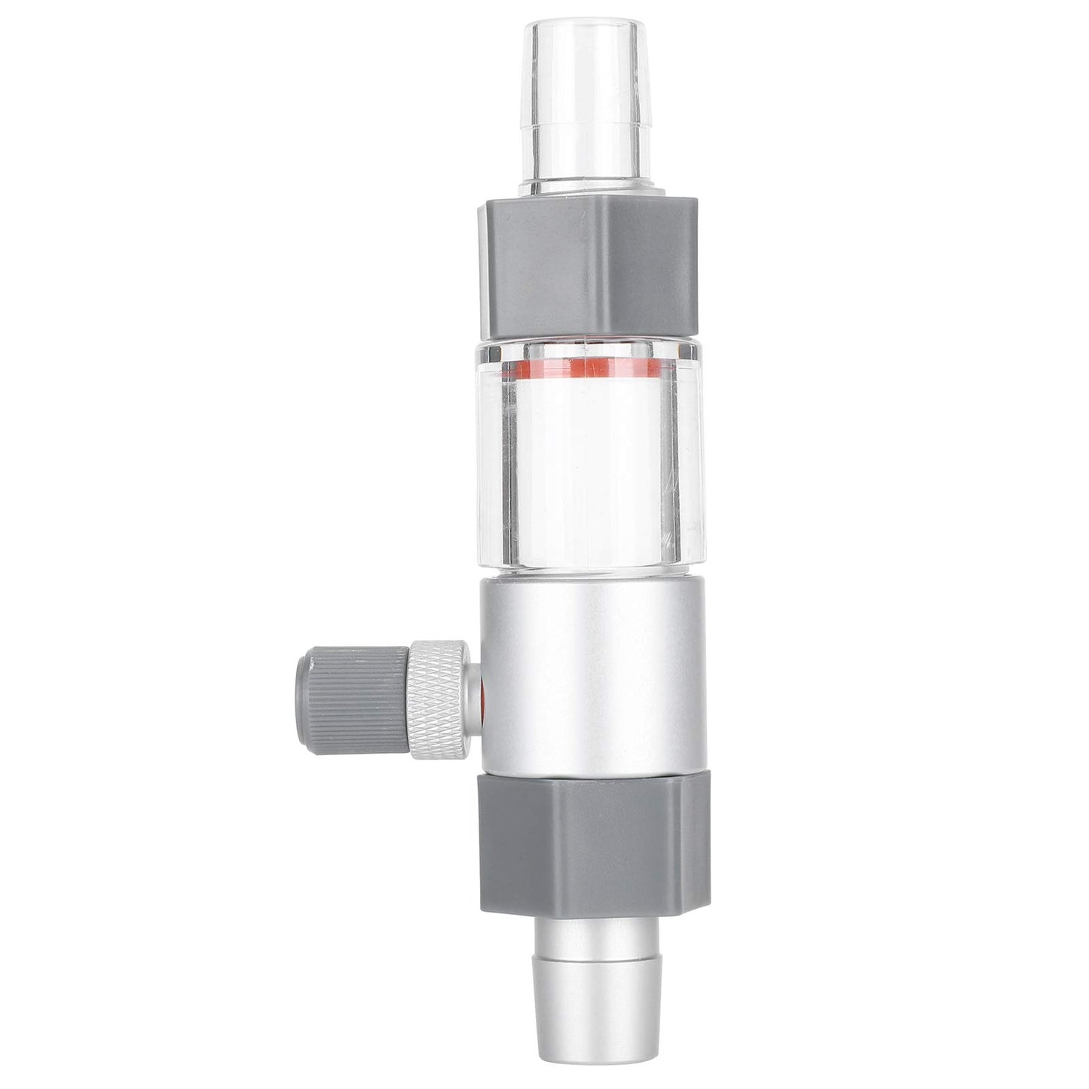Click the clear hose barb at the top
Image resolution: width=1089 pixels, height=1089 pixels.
click(586, 98)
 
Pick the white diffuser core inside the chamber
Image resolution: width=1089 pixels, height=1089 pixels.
click(588, 467)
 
